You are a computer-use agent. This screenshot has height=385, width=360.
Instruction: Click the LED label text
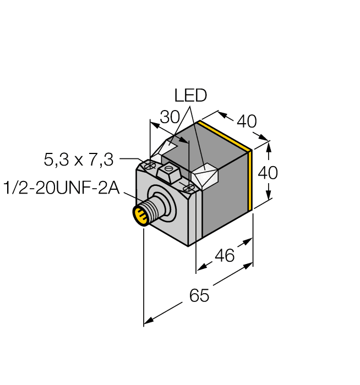(190, 96)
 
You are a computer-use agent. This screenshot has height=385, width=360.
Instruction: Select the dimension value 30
(170, 118)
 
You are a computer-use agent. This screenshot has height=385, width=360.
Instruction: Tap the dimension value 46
(224, 255)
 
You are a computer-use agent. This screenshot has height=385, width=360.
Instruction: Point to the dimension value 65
(199, 295)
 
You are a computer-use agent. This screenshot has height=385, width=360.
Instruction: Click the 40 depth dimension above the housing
(247, 121)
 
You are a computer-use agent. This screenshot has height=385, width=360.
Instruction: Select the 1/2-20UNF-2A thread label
(62, 188)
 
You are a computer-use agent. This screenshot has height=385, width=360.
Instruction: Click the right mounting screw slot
(188, 189)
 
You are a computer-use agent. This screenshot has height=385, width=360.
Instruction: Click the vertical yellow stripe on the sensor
(251, 179)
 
